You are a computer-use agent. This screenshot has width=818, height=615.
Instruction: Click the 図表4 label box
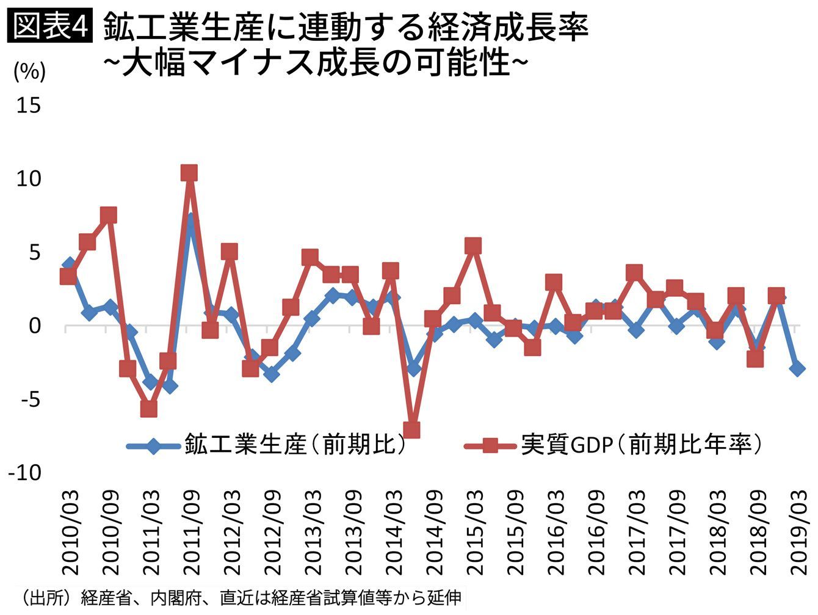pyautogui.click(x=49, y=27)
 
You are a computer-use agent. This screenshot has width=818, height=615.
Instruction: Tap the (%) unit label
pyautogui.click(x=29, y=72)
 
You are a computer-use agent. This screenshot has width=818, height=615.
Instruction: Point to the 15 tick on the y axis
pyautogui.click(x=28, y=106)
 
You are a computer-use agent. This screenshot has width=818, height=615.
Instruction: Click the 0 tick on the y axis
pyautogui.click(x=34, y=326)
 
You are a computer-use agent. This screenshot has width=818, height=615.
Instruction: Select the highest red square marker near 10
pyautogui.click(x=189, y=173)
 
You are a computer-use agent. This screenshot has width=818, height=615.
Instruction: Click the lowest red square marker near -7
pyautogui.click(x=411, y=430)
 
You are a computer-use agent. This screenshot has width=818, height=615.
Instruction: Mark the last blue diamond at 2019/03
pyautogui.click(x=797, y=368)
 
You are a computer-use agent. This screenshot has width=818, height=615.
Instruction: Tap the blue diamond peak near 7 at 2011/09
pyautogui.click(x=190, y=221)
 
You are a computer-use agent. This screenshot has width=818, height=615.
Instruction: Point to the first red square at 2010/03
pyautogui.click(x=68, y=277)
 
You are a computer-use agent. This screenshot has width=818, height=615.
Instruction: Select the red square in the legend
pyautogui.click(x=489, y=446)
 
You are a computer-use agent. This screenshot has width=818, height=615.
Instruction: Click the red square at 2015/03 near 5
pyautogui.click(x=473, y=246)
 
